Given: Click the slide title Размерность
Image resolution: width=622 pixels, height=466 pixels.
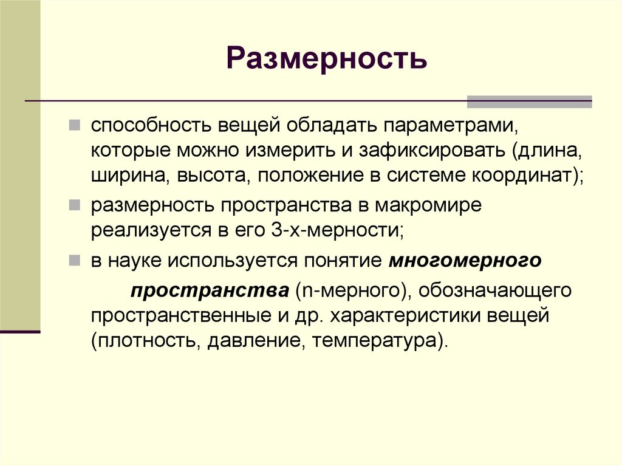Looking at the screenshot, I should (x=327, y=60).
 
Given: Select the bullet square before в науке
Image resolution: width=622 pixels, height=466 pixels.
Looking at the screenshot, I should (x=73, y=261).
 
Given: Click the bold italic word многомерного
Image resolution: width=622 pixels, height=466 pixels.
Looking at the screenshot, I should (x=465, y=261).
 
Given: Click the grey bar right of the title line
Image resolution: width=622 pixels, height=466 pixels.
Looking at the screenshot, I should (x=529, y=101).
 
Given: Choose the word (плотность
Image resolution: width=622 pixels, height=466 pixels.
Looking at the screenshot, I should (x=143, y=340).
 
